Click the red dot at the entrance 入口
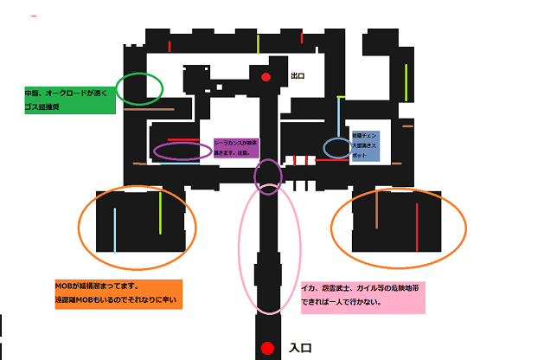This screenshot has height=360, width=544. pyautogui.click(x=267, y=349)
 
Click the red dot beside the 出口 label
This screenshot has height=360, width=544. pyautogui.click(x=266, y=78)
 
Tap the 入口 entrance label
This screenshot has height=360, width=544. pyautogui.click(x=300, y=348)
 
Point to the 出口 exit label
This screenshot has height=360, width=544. pyautogui.click(x=298, y=76)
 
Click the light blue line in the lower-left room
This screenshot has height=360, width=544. pyautogui.click(x=114, y=228)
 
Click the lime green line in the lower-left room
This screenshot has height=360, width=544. pyautogui.click(x=160, y=212)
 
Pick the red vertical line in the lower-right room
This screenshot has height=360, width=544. pyautogui.click(x=417, y=227)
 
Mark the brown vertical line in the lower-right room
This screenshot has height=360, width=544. pyautogui.click(x=376, y=209)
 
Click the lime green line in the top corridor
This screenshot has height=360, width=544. pyautogui.click(x=258, y=43)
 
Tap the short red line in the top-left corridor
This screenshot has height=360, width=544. pyautogui.click(x=170, y=46)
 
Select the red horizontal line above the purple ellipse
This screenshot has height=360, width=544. pyautogui.click(x=183, y=140)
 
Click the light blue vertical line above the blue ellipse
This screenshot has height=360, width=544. pyautogui.click(x=338, y=118)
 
